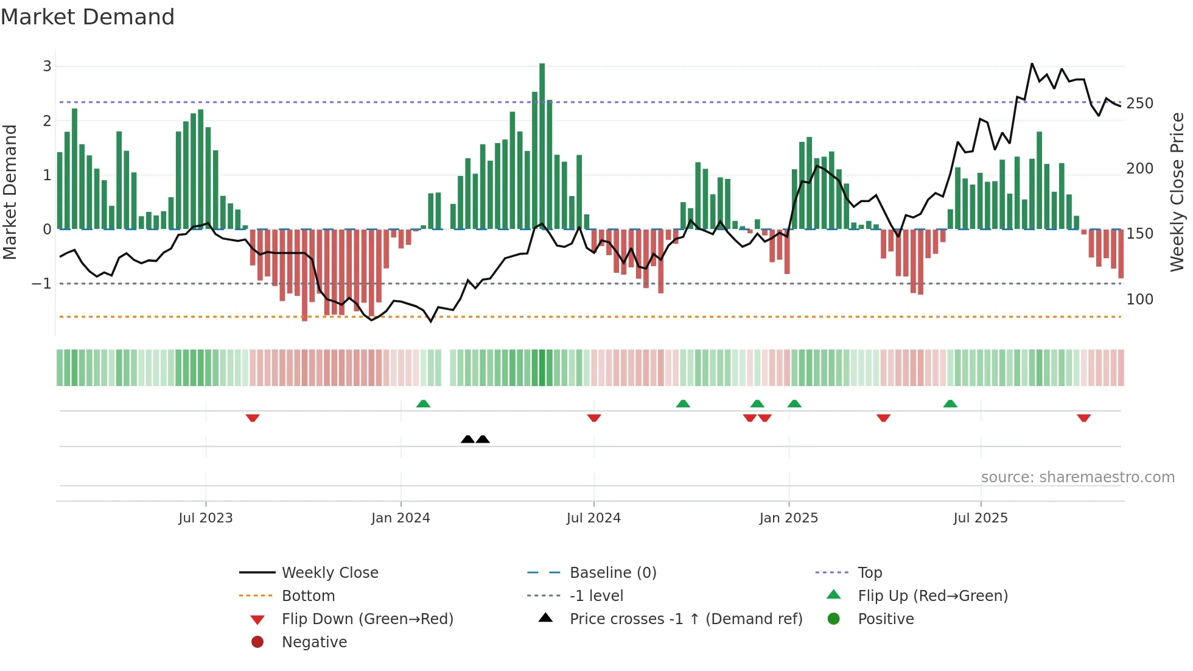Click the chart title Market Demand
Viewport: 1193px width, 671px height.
coord(88,17)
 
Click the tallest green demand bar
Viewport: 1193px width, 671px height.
coord(542,146)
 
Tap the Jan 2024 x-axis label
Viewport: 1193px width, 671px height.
coord(401,518)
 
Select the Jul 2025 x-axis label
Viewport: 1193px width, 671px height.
coord(981,518)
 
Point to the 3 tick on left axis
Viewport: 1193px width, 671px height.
coord(47,66)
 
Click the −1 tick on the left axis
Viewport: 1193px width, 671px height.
coord(41,284)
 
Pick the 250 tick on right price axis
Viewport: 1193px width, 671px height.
coord(1139,104)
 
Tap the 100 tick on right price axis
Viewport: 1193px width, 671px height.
coord(1139,300)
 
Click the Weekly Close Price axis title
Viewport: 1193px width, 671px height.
coord(1177,192)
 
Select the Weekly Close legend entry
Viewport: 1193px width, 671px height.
coord(329,573)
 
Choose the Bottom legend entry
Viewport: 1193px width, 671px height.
coord(308,596)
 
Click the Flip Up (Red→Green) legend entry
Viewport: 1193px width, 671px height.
coord(932,596)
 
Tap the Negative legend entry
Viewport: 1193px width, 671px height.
coord(314,642)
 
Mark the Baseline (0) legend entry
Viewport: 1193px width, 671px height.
coord(612,573)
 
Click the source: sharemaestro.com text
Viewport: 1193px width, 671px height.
coord(1077,477)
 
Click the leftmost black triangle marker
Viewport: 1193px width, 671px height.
coord(467,439)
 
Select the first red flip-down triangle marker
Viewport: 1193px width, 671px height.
coord(253,418)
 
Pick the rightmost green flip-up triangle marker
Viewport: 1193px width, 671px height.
coord(950,404)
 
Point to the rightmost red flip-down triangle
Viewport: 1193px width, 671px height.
coord(1083,418)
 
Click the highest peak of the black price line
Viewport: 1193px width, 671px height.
coord(1032,64)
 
